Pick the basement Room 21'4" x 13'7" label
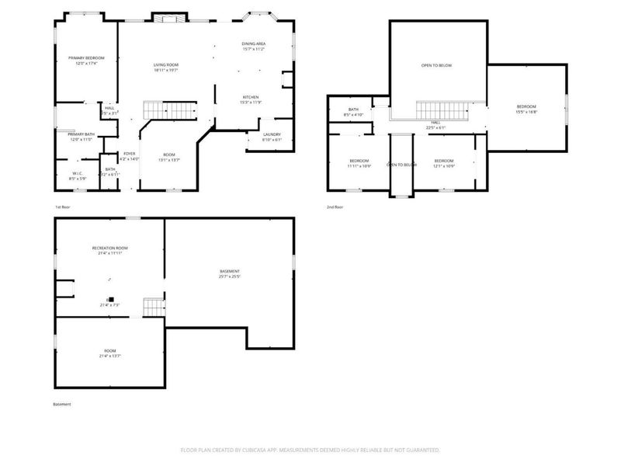click(x=109, y=353)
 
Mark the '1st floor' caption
click(x=62, y=207)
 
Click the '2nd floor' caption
click(x=335, y=207)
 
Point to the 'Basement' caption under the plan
click(x=61, y=405)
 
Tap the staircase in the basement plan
click(x=154, y=307)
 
